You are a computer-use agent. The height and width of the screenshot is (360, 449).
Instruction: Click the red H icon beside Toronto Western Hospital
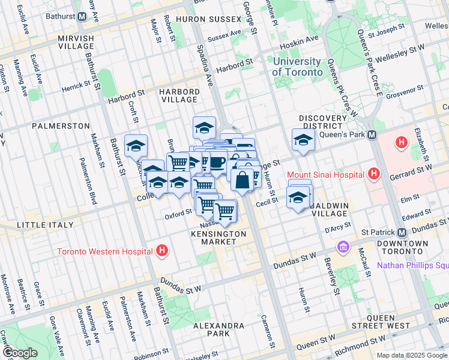161,251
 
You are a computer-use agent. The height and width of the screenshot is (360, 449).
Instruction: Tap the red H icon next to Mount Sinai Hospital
375,175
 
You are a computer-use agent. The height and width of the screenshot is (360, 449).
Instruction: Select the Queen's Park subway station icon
372,134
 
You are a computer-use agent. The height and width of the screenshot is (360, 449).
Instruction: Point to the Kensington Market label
218,237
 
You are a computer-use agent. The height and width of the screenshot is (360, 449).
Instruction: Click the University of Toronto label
297,67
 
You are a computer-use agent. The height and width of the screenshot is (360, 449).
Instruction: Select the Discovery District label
323,122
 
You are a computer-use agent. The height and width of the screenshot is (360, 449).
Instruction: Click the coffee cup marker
217,162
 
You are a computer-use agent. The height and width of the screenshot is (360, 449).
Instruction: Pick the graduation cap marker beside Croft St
136,146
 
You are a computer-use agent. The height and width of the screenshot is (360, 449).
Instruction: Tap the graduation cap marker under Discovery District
303,140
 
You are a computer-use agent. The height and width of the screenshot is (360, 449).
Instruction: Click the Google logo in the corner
20,353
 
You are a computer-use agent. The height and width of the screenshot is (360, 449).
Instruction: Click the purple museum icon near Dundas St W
343,247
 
